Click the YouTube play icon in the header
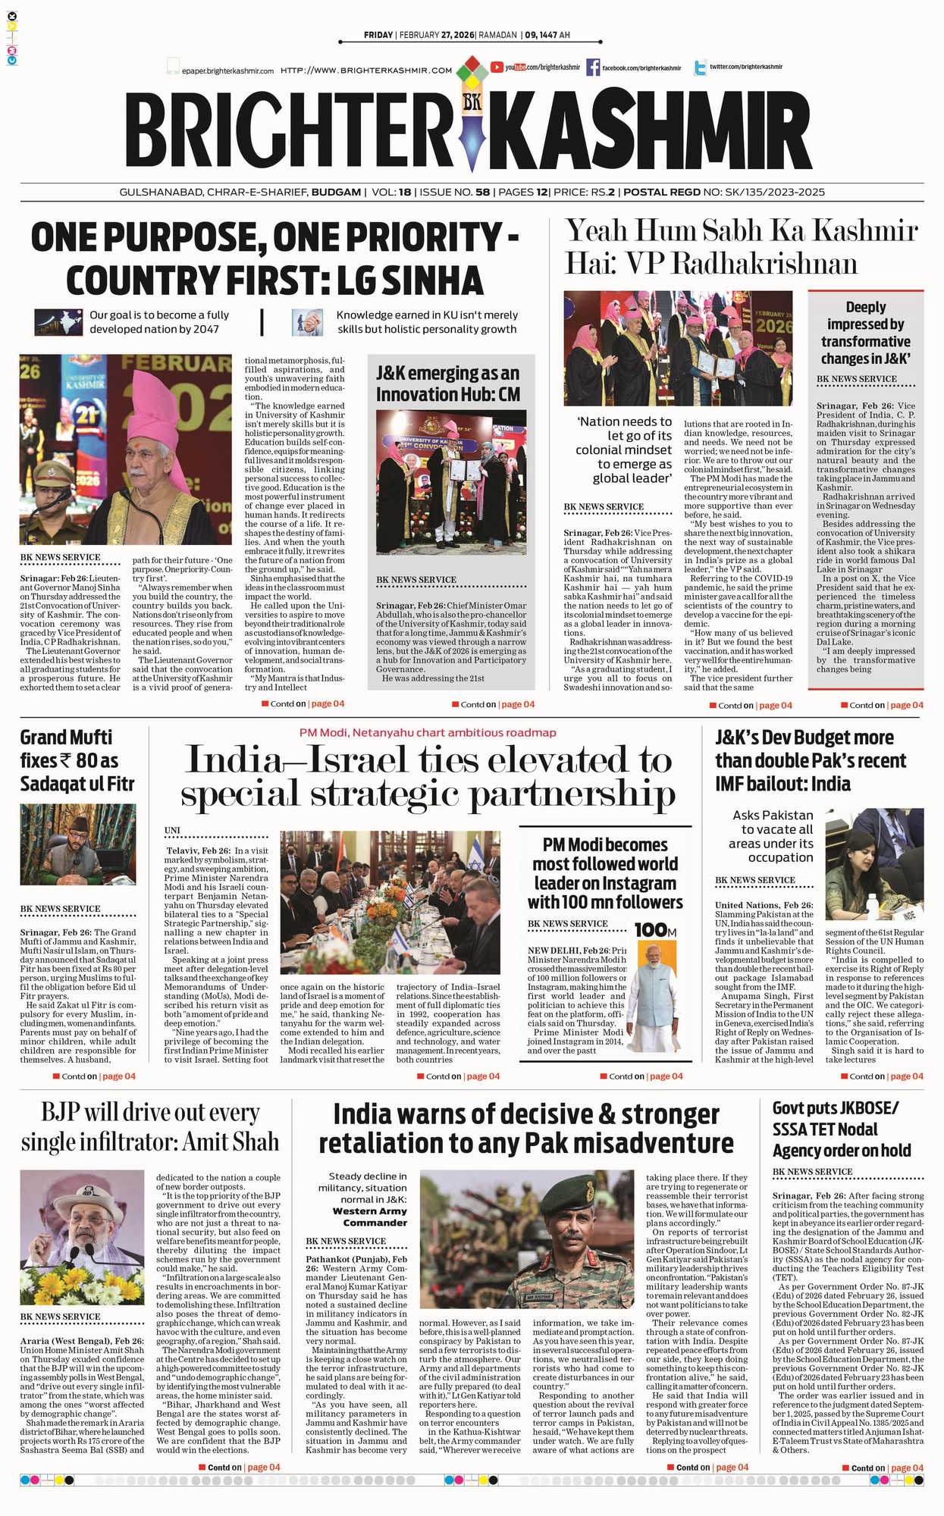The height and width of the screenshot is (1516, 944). [x=497, y=67]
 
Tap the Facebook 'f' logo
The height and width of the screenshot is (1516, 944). [x=592, y=67]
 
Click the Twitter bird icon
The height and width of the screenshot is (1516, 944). [x=699, y=67]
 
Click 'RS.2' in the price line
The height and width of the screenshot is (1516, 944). [x=604, y=193]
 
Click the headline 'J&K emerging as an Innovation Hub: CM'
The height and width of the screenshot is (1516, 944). [x=448, y=384]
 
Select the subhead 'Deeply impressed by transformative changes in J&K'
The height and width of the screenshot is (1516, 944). [x=865, y=333]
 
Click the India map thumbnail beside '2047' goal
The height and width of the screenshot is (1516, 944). [x=58, y=322]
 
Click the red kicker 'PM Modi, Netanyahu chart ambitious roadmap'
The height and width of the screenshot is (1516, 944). [x=428, y=733]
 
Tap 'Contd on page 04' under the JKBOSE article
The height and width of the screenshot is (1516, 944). [x=886, y=1468]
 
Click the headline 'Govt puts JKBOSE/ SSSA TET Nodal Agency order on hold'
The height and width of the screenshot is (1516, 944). [x=841, y=1129]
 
